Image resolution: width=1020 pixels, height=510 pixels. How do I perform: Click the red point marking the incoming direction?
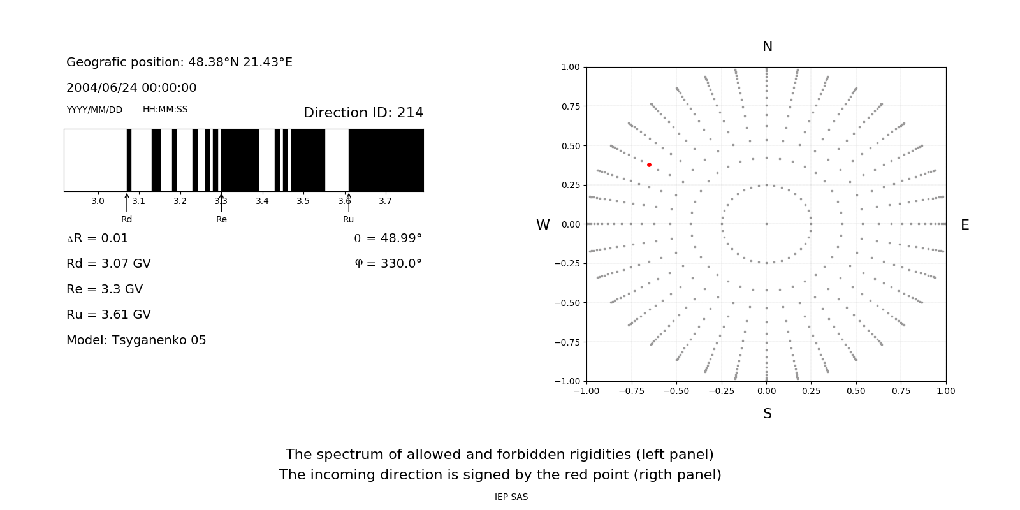click(x=649, y=164)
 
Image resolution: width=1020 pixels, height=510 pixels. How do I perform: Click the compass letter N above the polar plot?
click(x=768, y=47)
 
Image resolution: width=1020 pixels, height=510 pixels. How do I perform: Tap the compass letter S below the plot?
click(x=768, y=414)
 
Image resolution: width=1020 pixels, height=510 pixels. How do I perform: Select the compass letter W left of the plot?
click(x=543, y=225)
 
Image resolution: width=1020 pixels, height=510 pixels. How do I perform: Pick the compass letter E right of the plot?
click(x=965, y=225)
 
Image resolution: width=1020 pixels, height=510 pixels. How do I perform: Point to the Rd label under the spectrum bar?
click(x=127, y=219)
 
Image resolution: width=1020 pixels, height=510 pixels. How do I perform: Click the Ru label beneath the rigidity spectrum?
click(x=348, y=219)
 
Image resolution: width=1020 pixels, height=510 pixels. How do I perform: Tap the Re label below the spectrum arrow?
click(x=221, y=219)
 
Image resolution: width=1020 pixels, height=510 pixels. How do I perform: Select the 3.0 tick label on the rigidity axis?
click(x=98, y=201)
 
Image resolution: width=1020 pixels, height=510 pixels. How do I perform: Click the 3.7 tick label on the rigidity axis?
click(x=385, y=201)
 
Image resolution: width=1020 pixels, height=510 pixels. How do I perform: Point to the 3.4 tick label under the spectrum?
click(x=262, y=201)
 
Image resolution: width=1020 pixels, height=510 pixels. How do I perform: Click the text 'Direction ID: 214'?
click(x=363, y=113)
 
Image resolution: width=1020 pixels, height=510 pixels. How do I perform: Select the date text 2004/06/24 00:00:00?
click(x=131, y=87)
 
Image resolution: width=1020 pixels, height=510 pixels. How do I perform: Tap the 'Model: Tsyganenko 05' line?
click(x=136, y=340)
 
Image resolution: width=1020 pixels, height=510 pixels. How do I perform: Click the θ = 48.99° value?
click(x=388, y=238)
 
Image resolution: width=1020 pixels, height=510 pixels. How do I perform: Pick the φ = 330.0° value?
click(x=388, y=263)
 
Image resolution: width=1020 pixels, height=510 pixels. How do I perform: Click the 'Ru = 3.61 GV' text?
click(x=108, y=314)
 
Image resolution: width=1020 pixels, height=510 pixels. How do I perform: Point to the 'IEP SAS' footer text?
click(x=511, y=497)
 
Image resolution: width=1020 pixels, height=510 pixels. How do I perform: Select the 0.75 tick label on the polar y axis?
click(x=570, y=106)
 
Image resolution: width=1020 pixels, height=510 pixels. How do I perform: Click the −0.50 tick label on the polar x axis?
click(x=676, y=391)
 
